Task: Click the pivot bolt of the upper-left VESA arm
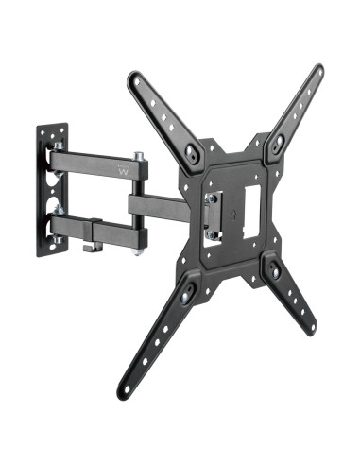click(x=195, y=151)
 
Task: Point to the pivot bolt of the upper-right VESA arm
click(x=275, y=145)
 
